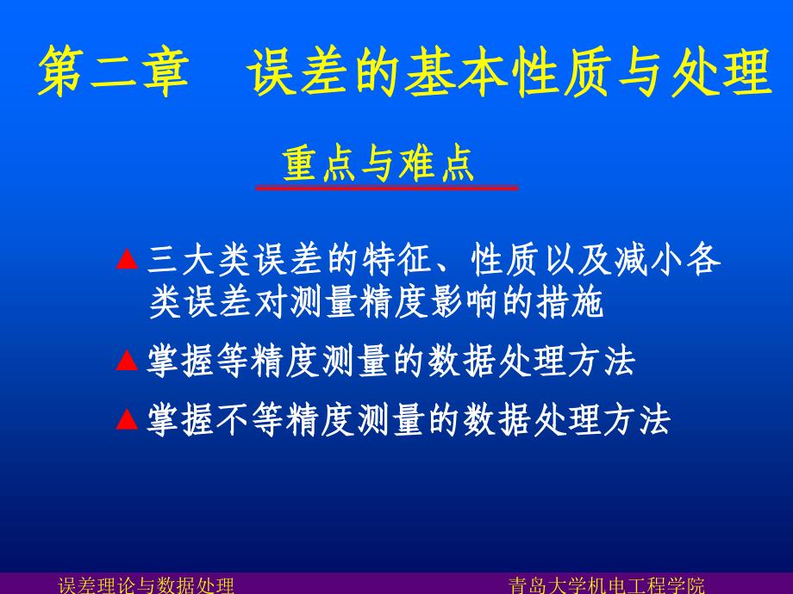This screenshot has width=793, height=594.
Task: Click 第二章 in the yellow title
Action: pyautogui.click(x=113, y=71)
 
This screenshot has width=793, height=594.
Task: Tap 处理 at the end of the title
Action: pyautogui.click(x=721, y=71)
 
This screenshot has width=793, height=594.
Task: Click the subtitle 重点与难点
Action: pyautogui.click(x=378, y=164)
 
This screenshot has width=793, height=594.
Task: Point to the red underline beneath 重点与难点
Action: pyautogui.click(x=387, y=189)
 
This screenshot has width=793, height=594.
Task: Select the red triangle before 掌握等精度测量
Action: pyautogui.click(x=127, y=361)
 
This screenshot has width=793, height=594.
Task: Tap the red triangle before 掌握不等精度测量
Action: pyautogui.click(x=127, y=419)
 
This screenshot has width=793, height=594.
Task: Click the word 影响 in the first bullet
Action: pyautogui.click(x=465, y=303)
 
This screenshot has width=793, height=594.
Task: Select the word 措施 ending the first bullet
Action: pyautogui.click(x=571, y=303)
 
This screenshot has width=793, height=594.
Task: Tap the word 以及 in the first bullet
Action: pyautogui.click(x=577, y=260)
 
